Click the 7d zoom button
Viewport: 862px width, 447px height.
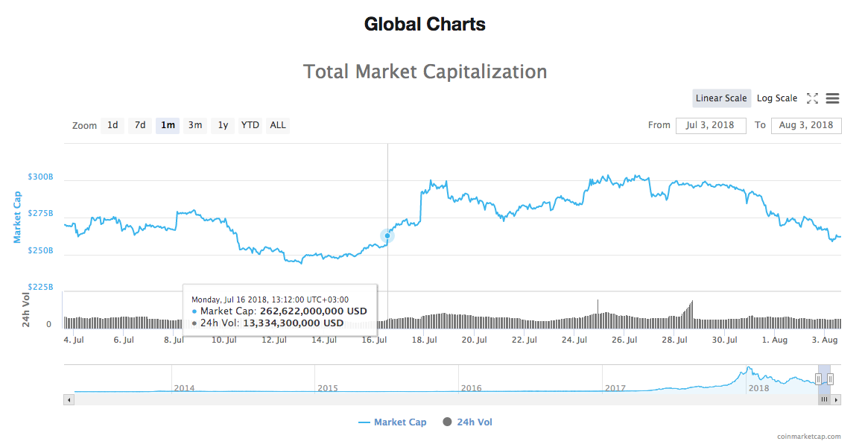pyautogui.click(x=140, y=125)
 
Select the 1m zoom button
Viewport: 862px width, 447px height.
pyautogui.click(x=168, y=125)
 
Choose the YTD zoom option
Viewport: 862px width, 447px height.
pyautogui.click(x=250, y=125)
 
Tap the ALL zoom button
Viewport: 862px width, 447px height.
pyautogui.click(x=278, y=125)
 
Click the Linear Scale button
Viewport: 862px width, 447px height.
pyautogui.click(x=721, y=98)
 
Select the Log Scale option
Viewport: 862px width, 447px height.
pyautogui.click(x=777, y=98)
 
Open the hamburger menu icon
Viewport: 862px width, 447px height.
pyautogui.click(x=833, y=98)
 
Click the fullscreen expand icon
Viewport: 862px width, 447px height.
pyautogui.click(x=812, y=98)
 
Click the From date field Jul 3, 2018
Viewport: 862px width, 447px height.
pyautogui.click(x=711, y=125)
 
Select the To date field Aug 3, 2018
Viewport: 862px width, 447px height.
pyautogui.click(x=806, y=125)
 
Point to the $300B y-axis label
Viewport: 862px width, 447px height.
pyautogui.click(x=40, y=177)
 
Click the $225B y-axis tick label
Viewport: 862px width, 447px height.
pyautogui.click(x=40, y=287)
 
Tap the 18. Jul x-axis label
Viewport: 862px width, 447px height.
pyautogui.click(x=423, y=340)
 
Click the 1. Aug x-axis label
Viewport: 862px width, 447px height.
pyautogui.click(x=774, y=340)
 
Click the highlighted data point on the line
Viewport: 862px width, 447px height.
pyautogui.click(x=387, y=235)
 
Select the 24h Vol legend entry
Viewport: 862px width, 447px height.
pyautogui.click(x=475, y=422)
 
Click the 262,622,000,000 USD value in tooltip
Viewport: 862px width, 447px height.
pyautogui.click(x=314, y=311)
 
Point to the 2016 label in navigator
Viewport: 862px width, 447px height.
pyautogui.click(x=471, y=388)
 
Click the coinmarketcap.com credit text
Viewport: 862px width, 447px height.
pyautogui.click(x=808, y=437)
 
